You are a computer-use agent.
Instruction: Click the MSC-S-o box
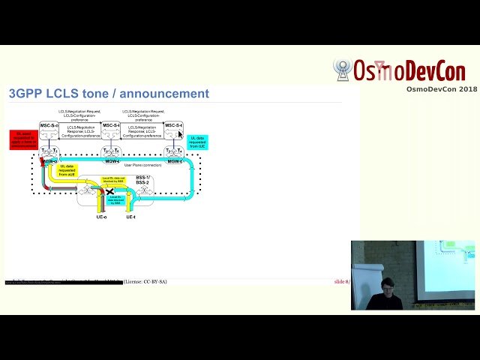coord(49,126)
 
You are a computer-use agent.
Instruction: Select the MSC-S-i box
coord(111,126)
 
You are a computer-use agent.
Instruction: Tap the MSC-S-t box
coord(173,126)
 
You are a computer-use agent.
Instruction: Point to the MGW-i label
coord(111,161)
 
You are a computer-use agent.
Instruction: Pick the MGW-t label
coord(173,161)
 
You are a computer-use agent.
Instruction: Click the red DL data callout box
coord(23,139)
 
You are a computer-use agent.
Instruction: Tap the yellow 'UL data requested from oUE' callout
coord(72,171)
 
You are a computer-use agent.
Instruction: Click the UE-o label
coord(101,217)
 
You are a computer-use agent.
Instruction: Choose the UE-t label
coord(130,217)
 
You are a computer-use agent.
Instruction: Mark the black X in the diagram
coord(110,192)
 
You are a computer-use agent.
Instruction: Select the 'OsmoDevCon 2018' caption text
coord(442,89)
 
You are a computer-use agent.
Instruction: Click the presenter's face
coord(387,286)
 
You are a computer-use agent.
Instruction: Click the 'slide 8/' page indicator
coord(343,281)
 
